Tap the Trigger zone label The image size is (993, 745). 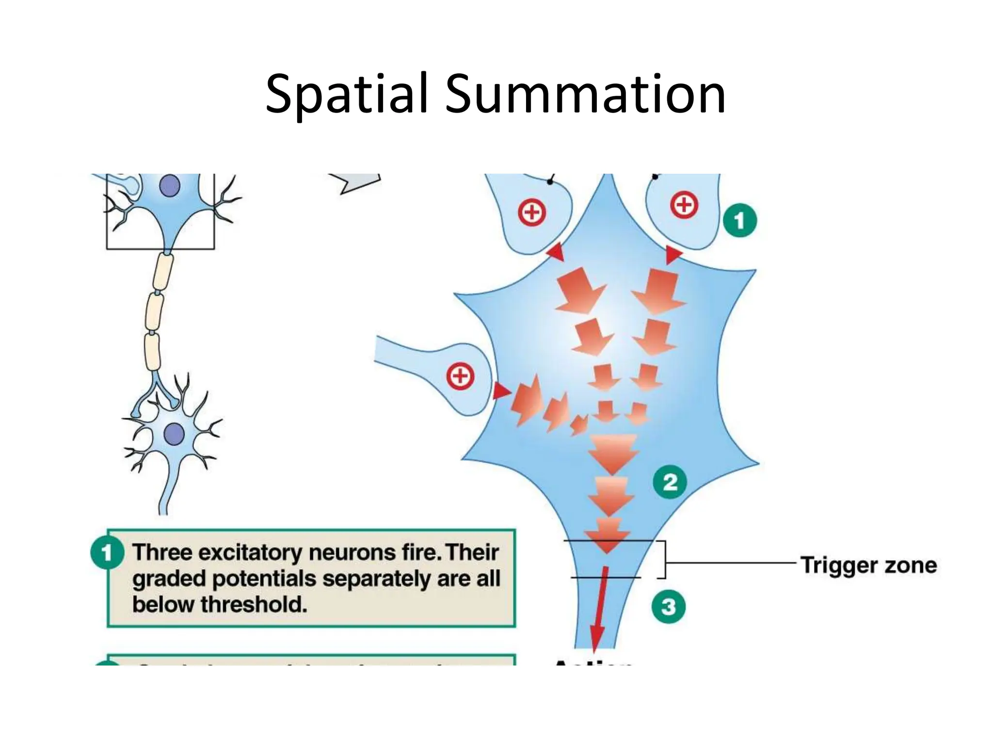tap(868, 565)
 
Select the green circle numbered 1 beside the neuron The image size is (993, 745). tap(739, 221)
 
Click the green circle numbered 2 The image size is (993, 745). tap(670, 482)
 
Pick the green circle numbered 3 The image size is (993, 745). tap(668, 606)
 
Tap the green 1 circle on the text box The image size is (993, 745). tap(107, 552)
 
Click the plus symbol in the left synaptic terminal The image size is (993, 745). tap(460, 377)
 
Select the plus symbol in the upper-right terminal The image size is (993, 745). tap(684, 205)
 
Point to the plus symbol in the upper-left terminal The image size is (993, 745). tap(532, 212)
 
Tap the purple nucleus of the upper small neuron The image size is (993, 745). tap(170, 186)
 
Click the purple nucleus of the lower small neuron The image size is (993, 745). tap(174, 433)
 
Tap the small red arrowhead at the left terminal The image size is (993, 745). tap(501, 391)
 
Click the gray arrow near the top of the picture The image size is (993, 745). tap(356, 183)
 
